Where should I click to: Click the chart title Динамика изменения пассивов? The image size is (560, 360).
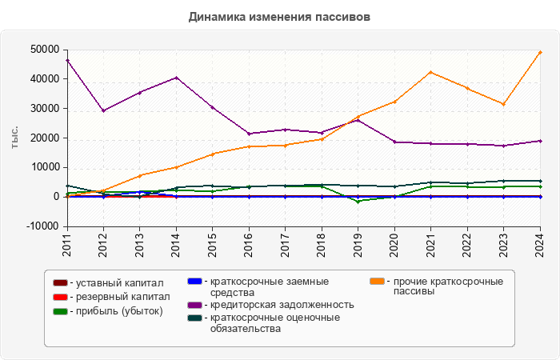279,16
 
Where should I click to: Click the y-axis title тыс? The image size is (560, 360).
15,138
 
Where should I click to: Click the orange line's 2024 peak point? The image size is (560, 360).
540,52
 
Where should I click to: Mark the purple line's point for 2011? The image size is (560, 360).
67,60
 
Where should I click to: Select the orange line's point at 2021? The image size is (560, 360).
430,72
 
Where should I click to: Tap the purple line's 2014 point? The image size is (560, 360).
176,78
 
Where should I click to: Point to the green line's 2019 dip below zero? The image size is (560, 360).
358,201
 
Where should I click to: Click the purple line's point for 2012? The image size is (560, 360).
103,110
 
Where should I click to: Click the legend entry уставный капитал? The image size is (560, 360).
119,282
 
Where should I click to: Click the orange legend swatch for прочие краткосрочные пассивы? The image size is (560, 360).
377,282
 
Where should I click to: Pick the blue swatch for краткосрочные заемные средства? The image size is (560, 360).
194,282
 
